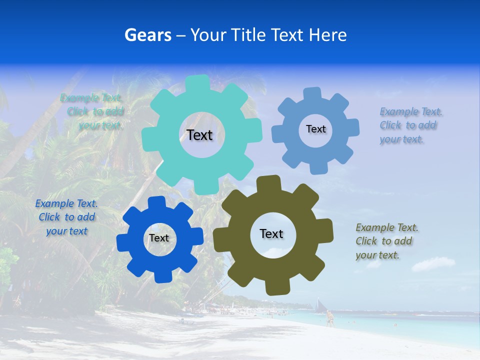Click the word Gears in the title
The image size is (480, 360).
pos(147,35)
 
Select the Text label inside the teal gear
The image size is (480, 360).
pos(199,135)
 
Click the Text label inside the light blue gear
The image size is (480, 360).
pos(315,129)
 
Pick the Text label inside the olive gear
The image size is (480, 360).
pos(271,233)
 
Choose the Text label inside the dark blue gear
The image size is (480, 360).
pos(158,238)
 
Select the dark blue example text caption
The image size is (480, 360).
pos(66,217)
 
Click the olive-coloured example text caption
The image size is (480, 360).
pos(386,241)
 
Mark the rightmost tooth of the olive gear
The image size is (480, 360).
pos(325,231)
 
